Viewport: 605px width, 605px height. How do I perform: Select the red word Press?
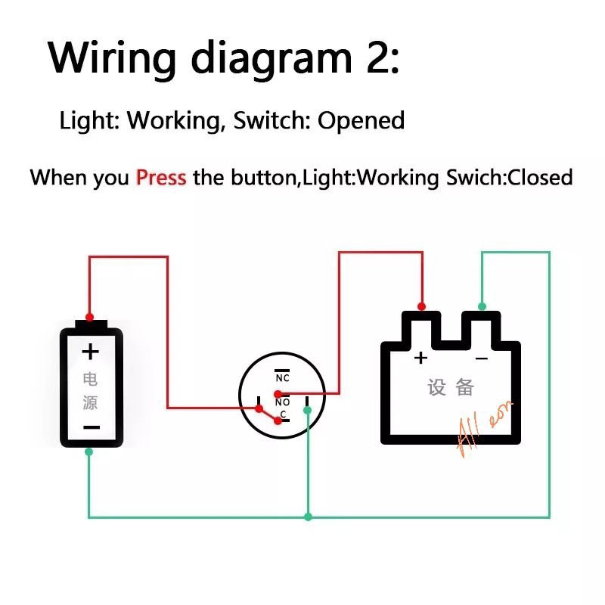tap(161, 178)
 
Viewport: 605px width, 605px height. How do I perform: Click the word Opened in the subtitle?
tap(361, 120)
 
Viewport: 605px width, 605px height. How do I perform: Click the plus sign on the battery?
tap(91, 352)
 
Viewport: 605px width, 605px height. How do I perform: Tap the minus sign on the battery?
tap(91, 427)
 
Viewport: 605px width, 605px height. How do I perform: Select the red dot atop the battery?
tap(90, 316)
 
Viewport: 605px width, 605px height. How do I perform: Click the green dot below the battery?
tap(89, 451)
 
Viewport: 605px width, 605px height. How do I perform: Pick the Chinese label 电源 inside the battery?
tap(90, 390)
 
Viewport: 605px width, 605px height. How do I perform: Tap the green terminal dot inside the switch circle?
tap(307, 410)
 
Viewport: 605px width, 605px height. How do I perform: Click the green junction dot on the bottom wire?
tap(308, 517)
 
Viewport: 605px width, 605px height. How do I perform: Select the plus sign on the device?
tap(420, 357)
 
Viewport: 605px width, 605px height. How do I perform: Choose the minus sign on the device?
tap(481, 358)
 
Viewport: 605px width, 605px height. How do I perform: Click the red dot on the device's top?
tap(422, 306)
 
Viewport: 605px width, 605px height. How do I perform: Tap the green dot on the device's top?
tap(482, 306)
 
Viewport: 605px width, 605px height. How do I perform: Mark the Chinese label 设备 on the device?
tap(451, 388)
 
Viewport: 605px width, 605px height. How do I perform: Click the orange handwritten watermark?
tap(484, 427)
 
